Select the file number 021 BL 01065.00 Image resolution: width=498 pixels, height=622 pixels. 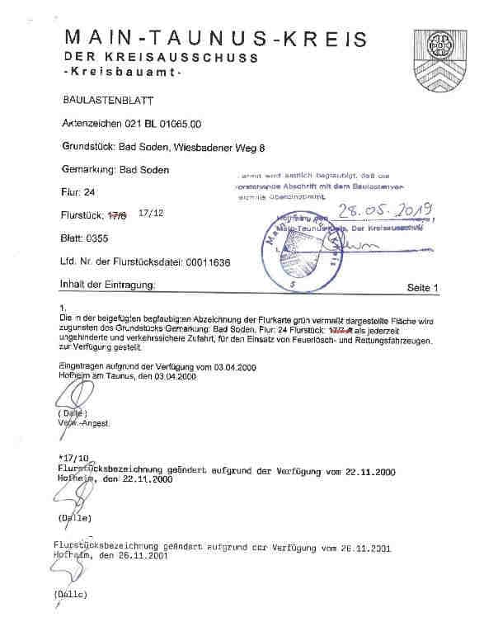155,124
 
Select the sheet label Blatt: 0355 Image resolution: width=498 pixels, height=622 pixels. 85,238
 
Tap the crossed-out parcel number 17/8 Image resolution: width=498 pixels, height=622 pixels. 119,216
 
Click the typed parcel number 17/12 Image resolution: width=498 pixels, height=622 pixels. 152,213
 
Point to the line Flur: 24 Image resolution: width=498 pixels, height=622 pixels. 78,193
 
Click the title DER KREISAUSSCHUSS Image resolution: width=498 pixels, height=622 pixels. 161,58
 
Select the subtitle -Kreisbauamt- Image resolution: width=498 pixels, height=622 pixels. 121,74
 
